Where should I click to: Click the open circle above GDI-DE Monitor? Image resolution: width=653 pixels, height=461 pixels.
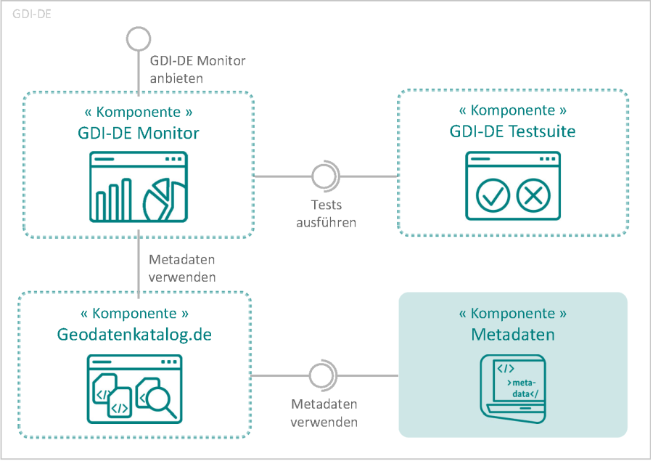point(138,39)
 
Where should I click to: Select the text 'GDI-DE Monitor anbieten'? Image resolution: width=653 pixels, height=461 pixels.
point(197,69)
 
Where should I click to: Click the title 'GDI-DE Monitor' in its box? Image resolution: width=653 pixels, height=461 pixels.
point(138,134)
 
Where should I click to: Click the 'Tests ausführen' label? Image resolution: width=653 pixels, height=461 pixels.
point(326,213)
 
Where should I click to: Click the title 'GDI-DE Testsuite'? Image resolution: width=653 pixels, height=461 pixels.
point(512,133)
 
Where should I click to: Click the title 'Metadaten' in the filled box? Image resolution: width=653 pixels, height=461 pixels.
point(512,335)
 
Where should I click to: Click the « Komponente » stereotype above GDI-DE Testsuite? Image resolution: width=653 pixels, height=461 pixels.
point(512,110)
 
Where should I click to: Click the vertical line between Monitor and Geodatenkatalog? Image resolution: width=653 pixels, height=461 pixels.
point(138,266)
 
